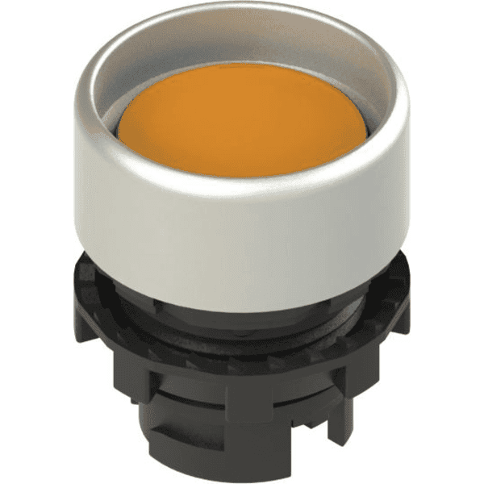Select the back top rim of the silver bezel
(242, 10)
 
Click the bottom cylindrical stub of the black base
(242, 452)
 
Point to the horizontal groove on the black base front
(242, 379)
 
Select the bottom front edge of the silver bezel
(242, 286)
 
